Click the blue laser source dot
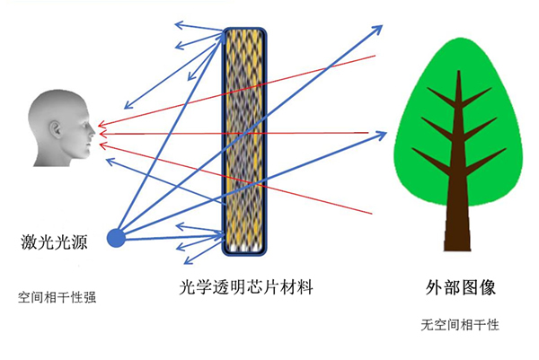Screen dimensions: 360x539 pyautogui.click(x=116, y=238)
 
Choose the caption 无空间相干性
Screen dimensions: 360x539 pyautogui.click(x=459, y=323)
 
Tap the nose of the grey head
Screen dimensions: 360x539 pyautogui.click(x=94, y=131)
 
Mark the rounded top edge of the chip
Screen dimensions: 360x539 pyautogui.click(x=242, y=29)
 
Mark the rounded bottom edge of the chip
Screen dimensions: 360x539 pyautogui.click(x=242, y=254)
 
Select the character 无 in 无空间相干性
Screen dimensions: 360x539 pyautogui.click(x=426, y=323)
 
